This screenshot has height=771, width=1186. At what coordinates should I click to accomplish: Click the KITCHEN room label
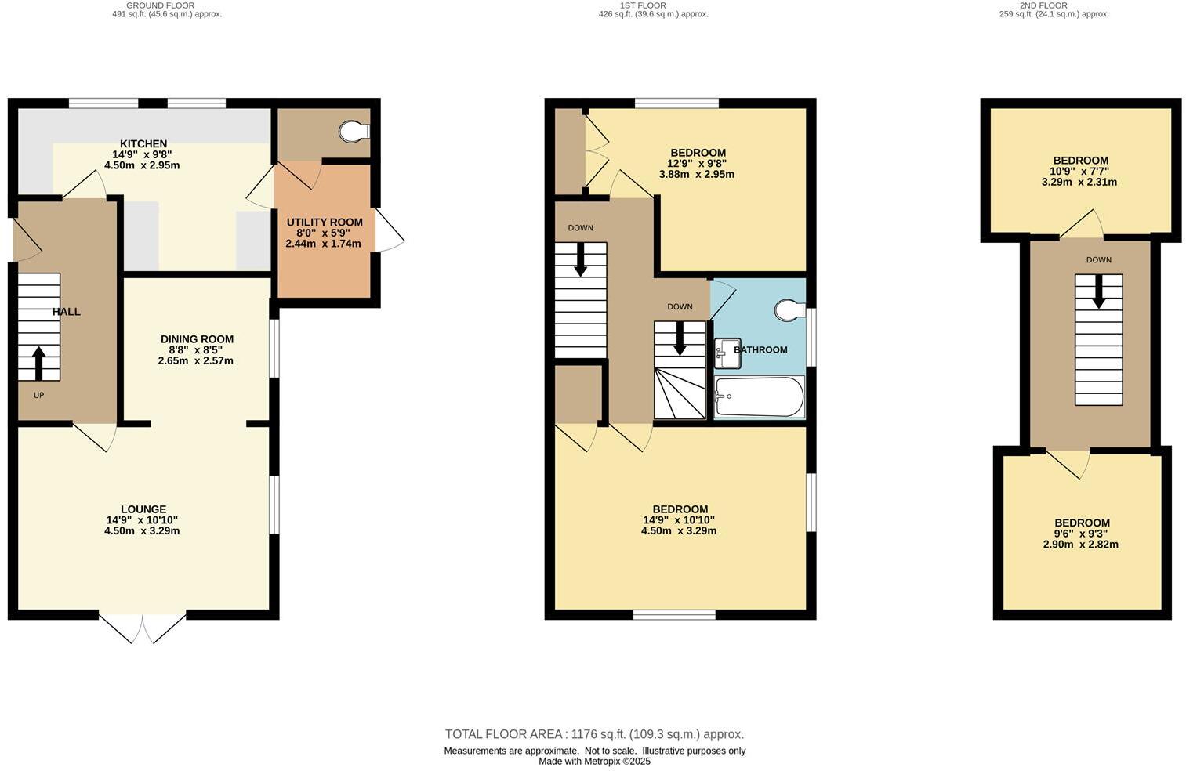tap(143, 144)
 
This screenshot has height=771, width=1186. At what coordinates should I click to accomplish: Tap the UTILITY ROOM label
tap(324, 223)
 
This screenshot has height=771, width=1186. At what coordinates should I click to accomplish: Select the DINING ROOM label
tap(197, 339)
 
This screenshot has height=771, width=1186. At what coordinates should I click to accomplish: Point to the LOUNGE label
tap(143, 509)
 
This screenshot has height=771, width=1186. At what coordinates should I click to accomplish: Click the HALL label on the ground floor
tap(67, 312)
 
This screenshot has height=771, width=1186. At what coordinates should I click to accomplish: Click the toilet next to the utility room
tap(357, 131)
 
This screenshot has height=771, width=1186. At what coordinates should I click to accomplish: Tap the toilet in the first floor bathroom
tap(789, 311)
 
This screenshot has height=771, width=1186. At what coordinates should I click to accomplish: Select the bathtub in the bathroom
tap(759, 397)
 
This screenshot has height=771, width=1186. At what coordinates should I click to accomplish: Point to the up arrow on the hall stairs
tap(38, 363)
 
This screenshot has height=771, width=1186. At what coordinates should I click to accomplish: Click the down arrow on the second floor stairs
tap(1097, 291)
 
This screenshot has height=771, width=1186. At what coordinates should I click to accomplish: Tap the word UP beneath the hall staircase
tap(38, 396)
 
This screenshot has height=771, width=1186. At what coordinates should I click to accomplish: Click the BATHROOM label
tap(761, 350)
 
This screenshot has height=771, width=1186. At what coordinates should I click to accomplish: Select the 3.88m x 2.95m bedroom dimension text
tap(697, 175)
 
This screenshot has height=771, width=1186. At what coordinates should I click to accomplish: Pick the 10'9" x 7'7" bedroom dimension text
tap(1079, 171)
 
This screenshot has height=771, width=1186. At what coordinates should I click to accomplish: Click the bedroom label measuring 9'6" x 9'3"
tap(1082, 523)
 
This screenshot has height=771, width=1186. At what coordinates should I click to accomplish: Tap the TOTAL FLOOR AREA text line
tap(594, 734)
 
